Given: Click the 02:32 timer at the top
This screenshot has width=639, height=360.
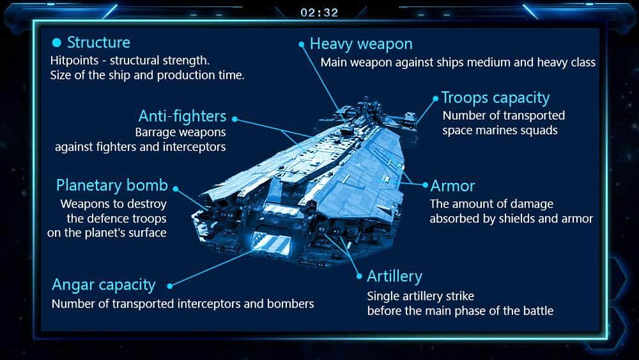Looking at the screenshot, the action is [319, 13].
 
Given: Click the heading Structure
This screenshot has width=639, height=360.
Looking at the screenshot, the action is [98, 42].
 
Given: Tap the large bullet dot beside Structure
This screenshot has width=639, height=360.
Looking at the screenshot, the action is [57, 42].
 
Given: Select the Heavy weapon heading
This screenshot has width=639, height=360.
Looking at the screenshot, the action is [361, 44].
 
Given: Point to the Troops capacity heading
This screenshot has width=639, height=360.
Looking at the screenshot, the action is [496, 98].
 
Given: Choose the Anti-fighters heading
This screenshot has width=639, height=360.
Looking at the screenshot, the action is [182, 116].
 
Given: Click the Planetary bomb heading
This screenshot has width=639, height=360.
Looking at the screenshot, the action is [112, 185].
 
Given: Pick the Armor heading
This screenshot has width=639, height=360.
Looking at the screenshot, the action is [452, 186].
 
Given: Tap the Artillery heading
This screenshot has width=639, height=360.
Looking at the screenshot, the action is [394, 276].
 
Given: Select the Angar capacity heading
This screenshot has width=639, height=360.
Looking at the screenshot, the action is [104, 285].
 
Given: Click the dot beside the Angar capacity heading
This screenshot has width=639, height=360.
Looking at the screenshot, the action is [170, 286].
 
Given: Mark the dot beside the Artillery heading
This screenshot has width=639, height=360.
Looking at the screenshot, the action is [359, 276].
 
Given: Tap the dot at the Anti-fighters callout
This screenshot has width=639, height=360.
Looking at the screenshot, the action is [235, 119].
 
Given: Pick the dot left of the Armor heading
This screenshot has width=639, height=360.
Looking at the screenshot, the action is [425, 185].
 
